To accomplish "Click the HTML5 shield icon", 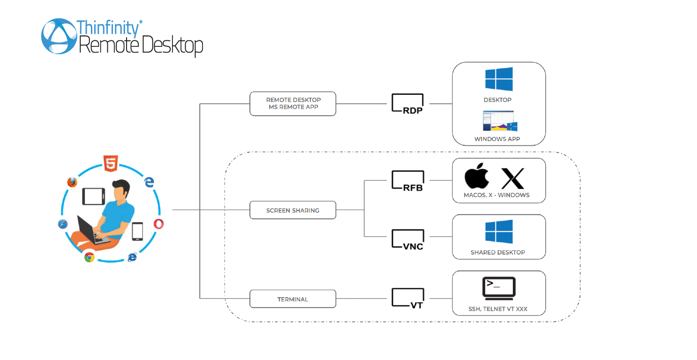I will [x=111, y=164].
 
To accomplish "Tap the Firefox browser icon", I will [x=72, y=182].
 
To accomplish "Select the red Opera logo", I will [x=159, y=224].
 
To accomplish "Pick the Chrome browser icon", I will [x=89, y=257].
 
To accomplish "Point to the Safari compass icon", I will [x=63, y=224].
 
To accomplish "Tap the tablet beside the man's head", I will [x=93, y=196].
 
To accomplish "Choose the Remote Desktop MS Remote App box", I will [x=293, y=104].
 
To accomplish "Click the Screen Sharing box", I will [x=293, y=210].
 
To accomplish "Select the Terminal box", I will [x=293, y=299].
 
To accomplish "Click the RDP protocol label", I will [x=407, y=104].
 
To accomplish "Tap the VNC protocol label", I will [x=407, y=240].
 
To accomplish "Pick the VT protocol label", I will [x=407, y=299].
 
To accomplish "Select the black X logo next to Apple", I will [x=513, y=179].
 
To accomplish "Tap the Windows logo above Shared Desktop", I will [x=499, y=232].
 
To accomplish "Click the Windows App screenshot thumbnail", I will [x=500, y=121].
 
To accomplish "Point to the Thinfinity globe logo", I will [x=59, y=36].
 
